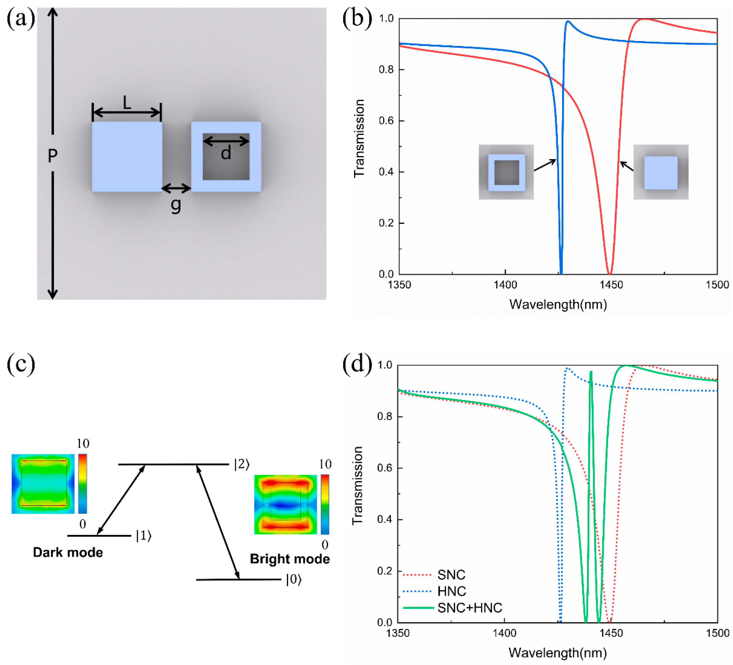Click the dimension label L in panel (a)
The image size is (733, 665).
click(126, 103)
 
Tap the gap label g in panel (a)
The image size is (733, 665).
click(176, 205)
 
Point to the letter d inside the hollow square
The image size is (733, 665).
click(226, 153)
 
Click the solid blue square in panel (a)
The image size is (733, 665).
click(127, 156)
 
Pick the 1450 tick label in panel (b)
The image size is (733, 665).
click(611, 285)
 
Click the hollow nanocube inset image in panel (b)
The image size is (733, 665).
click(506, 172)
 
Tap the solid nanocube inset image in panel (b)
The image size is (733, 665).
click(661, 172)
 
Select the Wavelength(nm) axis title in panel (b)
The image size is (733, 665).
click(558, 304)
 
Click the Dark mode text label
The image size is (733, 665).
click(68, 552)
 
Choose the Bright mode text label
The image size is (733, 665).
click(290, 559)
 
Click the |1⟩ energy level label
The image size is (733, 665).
click(144, 536)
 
